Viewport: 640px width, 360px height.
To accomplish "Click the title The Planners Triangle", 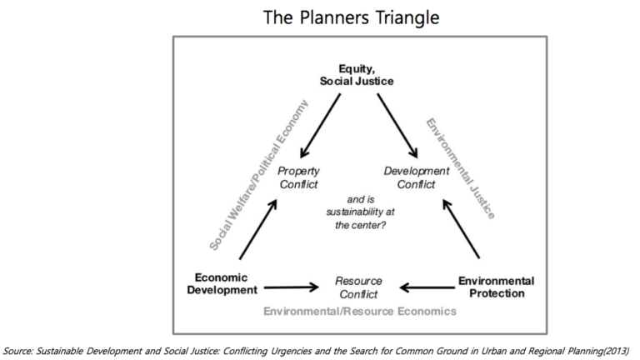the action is click(351, 18).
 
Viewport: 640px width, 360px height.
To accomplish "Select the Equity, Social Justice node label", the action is click(357, 75).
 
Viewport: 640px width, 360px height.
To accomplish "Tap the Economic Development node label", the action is click(222, 283).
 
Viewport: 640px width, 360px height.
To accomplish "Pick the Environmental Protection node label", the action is click(497, 287).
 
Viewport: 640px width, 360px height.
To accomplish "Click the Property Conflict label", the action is click(299, 177).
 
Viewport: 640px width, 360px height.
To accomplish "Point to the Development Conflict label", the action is click(417, 177).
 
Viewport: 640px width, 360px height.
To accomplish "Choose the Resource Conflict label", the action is click(358, 287).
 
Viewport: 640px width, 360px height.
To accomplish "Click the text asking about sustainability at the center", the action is click(360, 212).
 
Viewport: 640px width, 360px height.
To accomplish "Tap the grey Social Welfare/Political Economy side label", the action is click(259, 174).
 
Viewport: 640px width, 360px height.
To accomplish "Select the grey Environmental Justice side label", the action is click(460, 168).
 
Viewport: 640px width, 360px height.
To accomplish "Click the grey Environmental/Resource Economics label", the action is click(360, 312).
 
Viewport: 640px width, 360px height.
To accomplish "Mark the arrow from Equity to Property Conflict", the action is click(320, 126).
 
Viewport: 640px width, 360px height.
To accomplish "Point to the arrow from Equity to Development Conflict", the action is click(397, 126).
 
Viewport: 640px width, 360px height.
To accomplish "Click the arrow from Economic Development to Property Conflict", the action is click(258, 229).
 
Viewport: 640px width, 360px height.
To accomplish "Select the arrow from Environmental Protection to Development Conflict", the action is click(461, 229).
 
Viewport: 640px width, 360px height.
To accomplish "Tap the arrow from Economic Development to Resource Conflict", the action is click(292, 287).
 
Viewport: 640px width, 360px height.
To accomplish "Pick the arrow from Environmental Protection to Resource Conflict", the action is click(427, 287).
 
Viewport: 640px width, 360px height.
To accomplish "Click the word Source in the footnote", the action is click(17, 352).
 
